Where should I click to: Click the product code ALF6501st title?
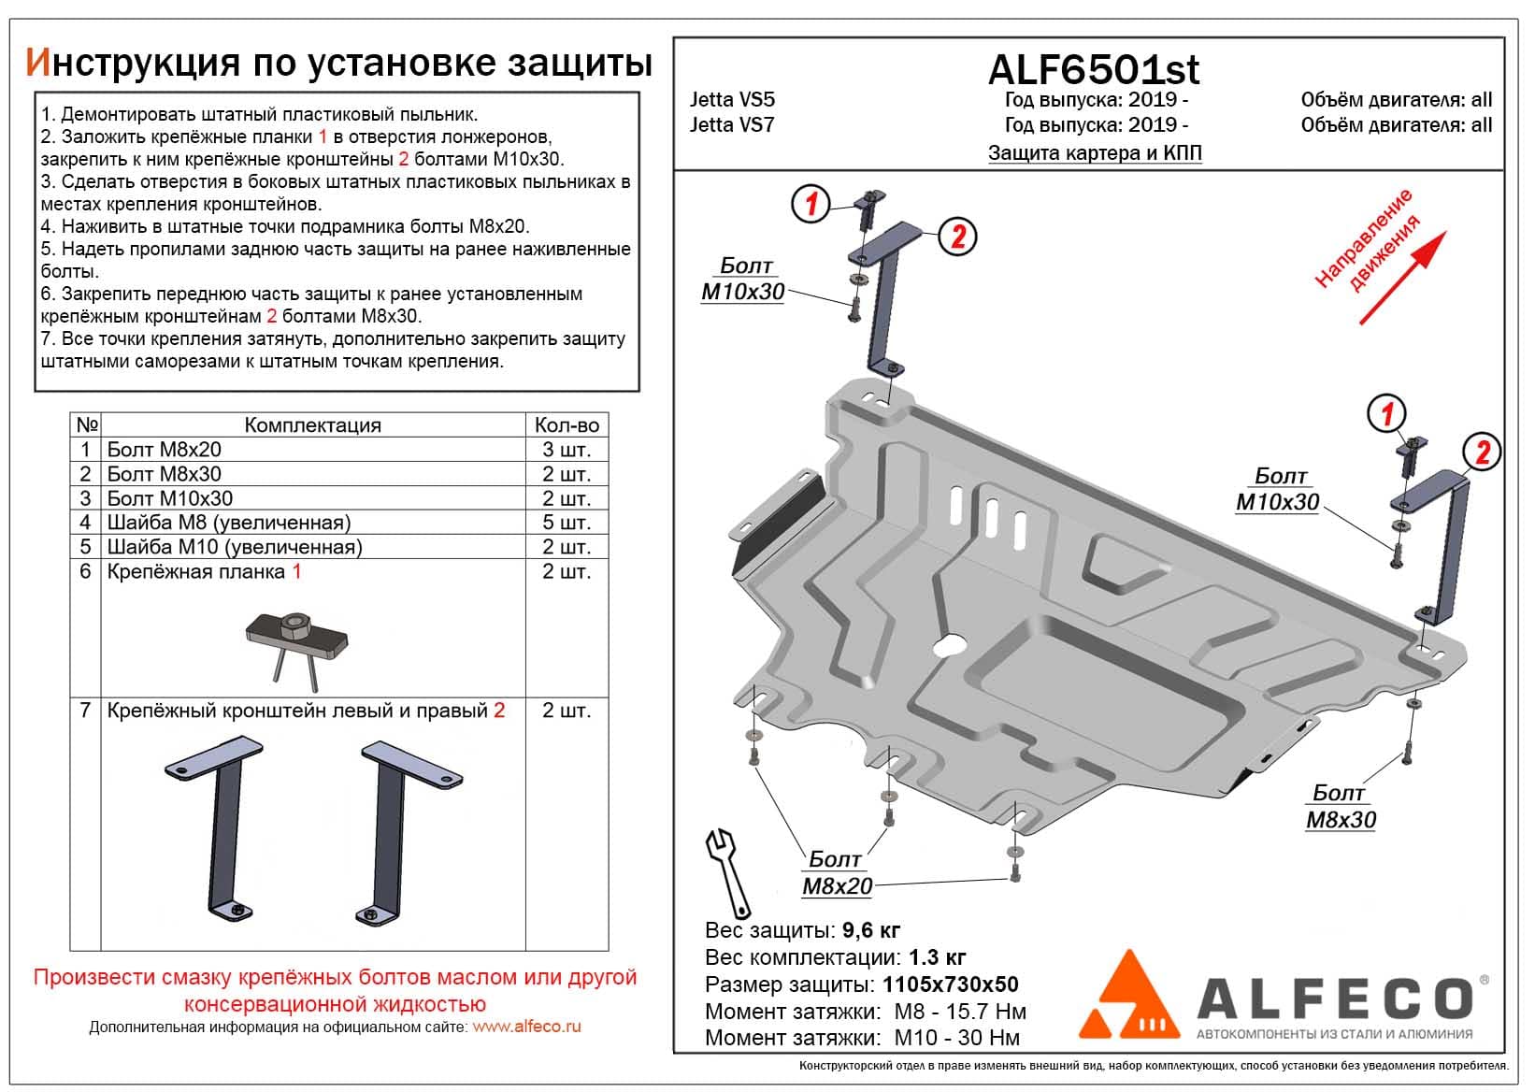coord(1094,70)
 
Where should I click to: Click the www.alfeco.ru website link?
coord(526,1027)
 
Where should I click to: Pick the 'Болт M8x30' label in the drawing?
coord(1340,806)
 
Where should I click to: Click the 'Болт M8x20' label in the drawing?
coord(836,872)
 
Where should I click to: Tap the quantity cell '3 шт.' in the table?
coord(567,450)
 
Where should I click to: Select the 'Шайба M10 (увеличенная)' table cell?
coord(234,547)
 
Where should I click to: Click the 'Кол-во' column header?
coord(567,424)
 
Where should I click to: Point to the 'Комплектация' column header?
coord(312,424)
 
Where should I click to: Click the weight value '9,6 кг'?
coord(870,930)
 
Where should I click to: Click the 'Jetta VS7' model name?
coord(732,124)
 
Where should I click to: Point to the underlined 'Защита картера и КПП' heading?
coord(1095,153)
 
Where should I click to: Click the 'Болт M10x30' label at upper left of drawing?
coord(743,280)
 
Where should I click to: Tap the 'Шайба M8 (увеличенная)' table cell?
coord(229,523)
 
